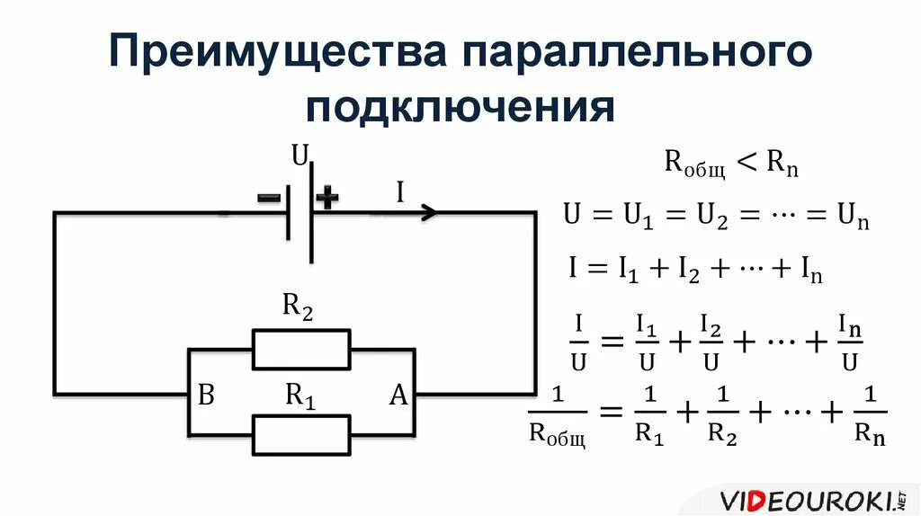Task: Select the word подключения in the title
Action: [x=460, y=108]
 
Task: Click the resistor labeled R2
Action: [x=301, y=349]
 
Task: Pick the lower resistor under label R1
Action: [x=301, y=435]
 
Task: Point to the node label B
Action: [x=206, y=396]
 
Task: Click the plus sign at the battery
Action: [x=327, y=199]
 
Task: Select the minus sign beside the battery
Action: [x=268, y=198]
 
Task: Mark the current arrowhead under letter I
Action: [x=430, y=213]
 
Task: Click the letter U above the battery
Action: [x=300, y=157]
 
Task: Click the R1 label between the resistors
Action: [x=300, y=395]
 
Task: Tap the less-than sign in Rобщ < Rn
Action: [x=748, y=163]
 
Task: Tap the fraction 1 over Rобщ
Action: [x=556, y=416]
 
